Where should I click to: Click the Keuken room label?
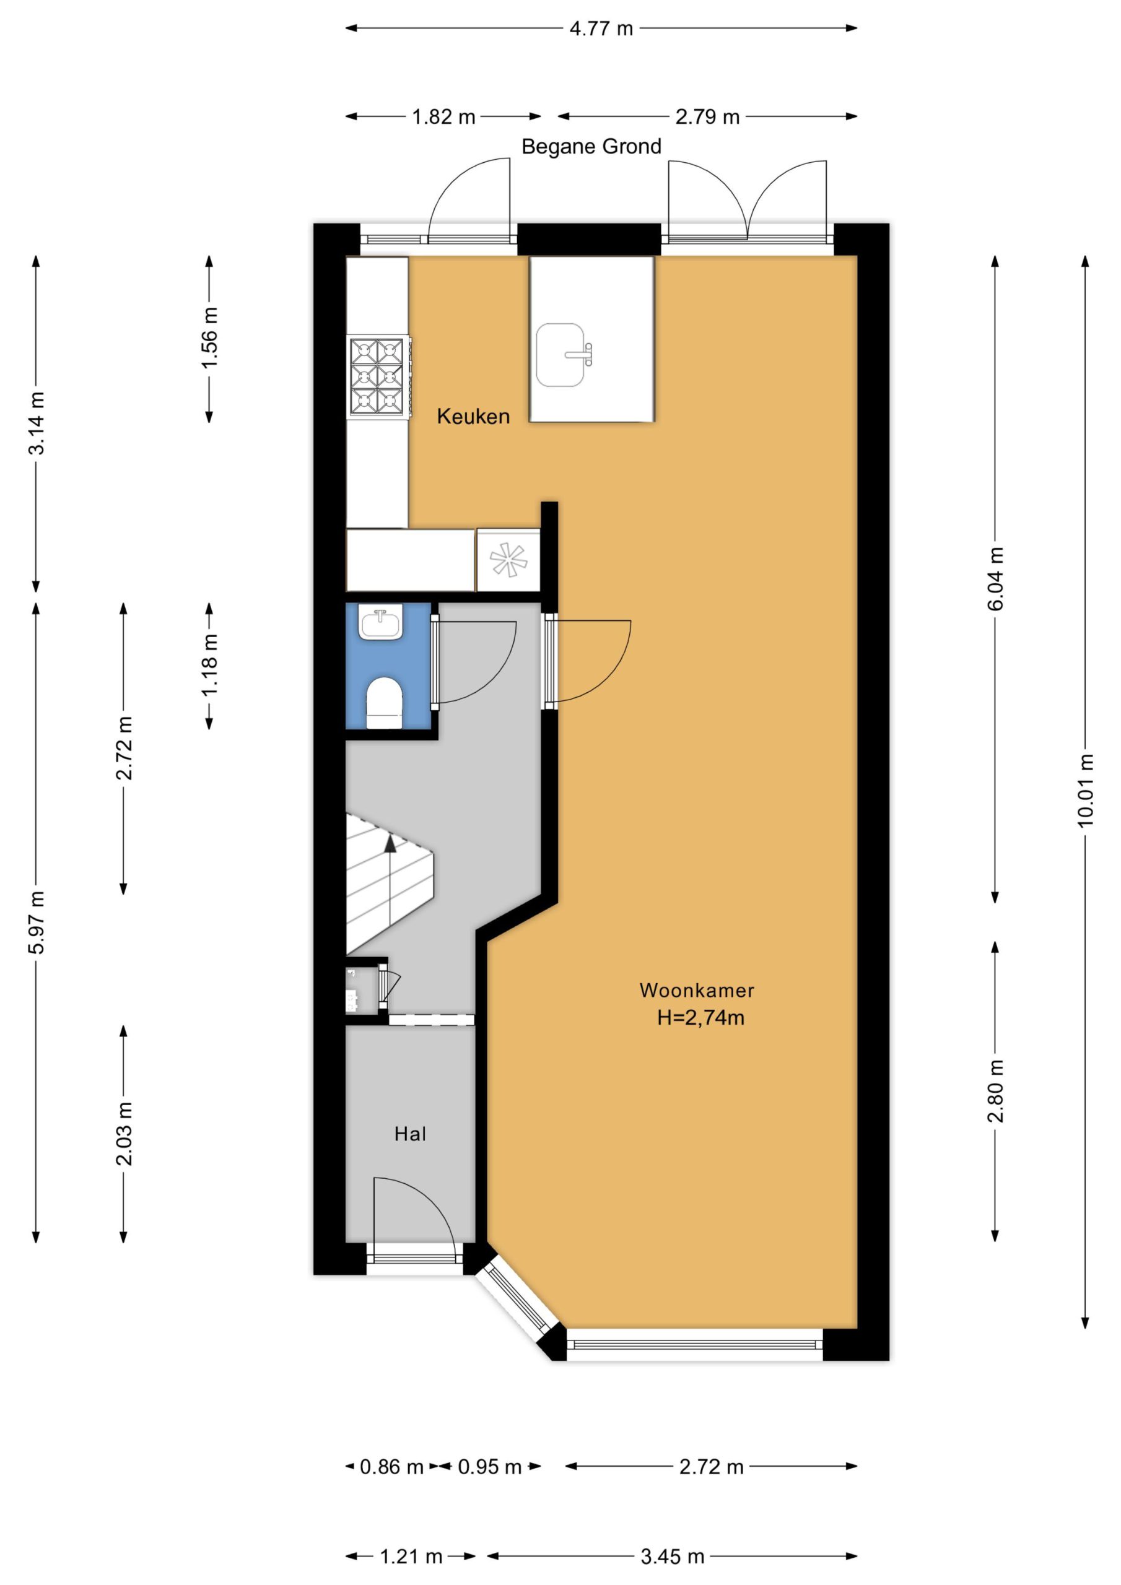coord(473,416)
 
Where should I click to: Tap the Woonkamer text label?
coord(696,990)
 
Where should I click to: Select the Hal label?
coord(410,1134)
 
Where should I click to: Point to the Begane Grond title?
coord(591,146)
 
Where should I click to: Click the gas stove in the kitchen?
coord(378,377)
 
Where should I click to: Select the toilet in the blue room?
coord(384,703)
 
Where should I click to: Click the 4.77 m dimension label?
coord(601,28)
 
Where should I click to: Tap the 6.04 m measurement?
coord(995,579)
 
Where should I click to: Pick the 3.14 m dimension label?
coord(36,423)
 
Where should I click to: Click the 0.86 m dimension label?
coord(391,1467)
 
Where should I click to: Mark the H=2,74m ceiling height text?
coord(700,1017)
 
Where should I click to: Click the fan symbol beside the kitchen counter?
coord(508,560)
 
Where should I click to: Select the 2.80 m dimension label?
coord(995,1091)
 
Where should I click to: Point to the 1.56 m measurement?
coord(209,337)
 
